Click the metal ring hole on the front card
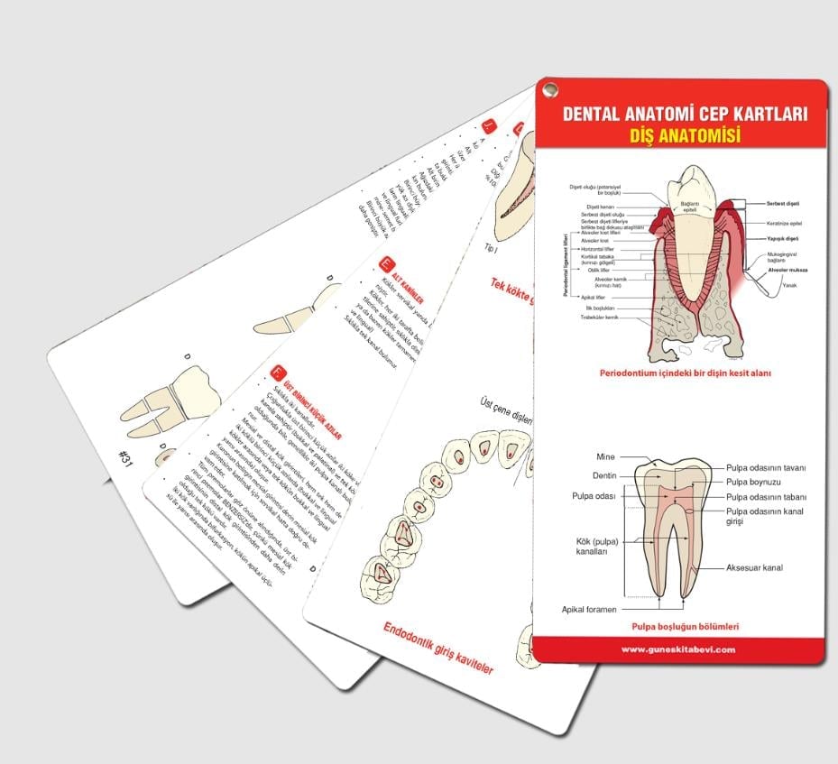click(549, 89)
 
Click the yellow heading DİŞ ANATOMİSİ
click(684, 137)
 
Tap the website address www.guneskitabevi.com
click(678, 649)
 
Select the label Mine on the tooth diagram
click(606, 457)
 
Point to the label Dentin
click(604, 475)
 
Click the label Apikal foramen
click(589, 609)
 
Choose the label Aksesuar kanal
click(754, 568)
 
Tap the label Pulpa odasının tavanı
click(766, 467)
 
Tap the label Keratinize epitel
click(784, 223)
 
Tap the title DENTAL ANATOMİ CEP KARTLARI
click(684, 115)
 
